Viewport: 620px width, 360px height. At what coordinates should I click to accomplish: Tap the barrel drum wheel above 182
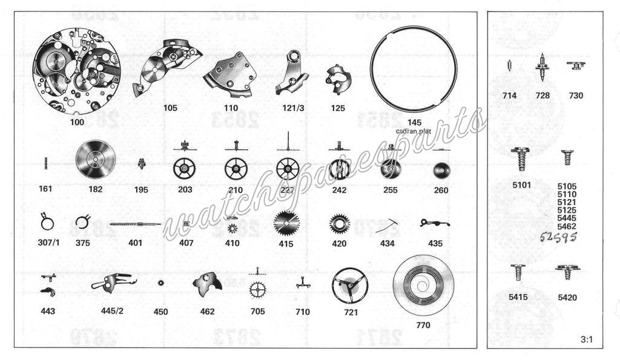coord(95,161)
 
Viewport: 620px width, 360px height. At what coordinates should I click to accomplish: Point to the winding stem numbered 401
coord(135,224)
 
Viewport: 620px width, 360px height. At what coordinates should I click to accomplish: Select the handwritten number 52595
coord(556,237)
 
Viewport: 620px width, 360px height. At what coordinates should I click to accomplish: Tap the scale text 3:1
coord(586,340)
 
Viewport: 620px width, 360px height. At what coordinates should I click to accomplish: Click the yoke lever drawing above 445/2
coord(113,282)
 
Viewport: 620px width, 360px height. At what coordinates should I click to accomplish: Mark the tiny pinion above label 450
coord(160,283)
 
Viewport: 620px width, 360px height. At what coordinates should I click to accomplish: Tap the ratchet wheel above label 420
coord(339,224)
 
